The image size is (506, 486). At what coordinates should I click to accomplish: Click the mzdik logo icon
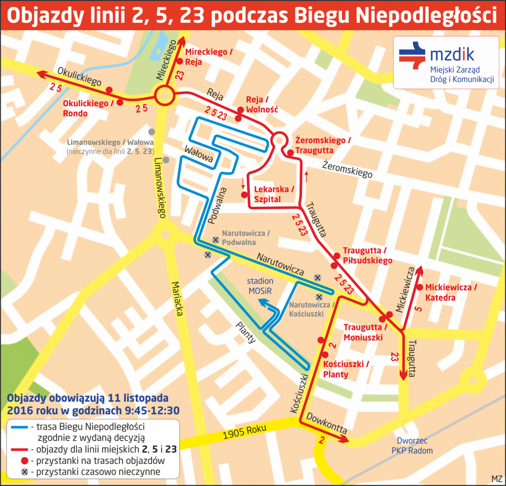tap(412, 56)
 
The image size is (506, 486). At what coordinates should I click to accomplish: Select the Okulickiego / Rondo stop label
tap(85, 108)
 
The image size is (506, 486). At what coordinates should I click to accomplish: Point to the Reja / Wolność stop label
tap(261, 105)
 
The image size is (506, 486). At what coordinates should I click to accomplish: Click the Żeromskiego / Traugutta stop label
tap(323, 145)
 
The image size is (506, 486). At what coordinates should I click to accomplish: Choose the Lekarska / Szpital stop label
tap(274, 195)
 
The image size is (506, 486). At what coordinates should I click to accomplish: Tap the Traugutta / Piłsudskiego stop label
tap(367, 256)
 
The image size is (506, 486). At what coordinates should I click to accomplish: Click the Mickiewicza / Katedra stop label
tap(451, 293)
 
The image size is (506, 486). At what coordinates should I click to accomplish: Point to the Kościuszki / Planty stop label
tap(345, 369)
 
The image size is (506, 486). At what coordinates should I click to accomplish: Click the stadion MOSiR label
tap(260, 286)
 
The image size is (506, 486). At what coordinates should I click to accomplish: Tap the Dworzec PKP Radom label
tap(412, 446)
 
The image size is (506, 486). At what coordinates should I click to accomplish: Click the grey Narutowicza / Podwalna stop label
tap(245, 238)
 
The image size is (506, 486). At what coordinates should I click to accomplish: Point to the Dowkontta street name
tap(326, 423)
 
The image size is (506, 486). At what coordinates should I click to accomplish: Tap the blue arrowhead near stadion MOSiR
tap(263, 303)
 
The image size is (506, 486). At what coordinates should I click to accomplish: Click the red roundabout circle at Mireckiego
tap(164, 95)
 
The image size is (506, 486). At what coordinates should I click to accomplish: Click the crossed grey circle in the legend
tap(24, 472)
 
